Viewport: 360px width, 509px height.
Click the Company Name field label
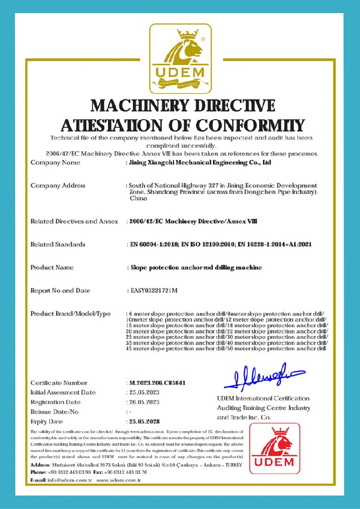[x=56, y=163]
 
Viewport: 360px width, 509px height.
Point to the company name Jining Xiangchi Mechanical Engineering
[x=199, y=163]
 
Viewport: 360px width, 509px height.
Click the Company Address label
[x=58, y=186]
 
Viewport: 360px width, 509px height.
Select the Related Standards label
[x=58, y=244]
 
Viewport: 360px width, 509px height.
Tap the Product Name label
[x=52, y=267]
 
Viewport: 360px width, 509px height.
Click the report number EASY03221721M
[x=155, y=291]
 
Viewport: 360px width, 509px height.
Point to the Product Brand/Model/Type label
[x=70, y=314]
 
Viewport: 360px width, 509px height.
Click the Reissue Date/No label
[x=54, y=412]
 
